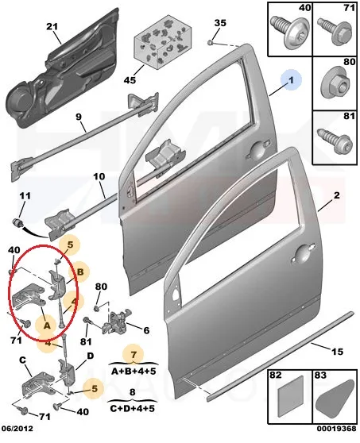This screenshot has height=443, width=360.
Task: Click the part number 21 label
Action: click(x=52, y=26)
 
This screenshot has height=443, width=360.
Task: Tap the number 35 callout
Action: click(x=220, y=22)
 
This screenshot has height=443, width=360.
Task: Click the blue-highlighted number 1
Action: click(x=291, y=80)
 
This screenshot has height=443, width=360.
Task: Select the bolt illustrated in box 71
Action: click(x=335, y=30)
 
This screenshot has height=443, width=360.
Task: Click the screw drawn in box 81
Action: click(x=335, y=141)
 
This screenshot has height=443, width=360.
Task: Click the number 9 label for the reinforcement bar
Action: click(x=79, y=117)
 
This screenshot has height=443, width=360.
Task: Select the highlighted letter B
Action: click(x=80, y=272)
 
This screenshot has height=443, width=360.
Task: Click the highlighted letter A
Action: click(x=47, y=326)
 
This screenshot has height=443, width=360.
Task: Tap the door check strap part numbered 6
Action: click(x=117, y=322)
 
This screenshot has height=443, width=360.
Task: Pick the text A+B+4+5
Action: click(x=134, y=371)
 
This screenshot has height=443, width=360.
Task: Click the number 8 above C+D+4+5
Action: click(x=133, y=392)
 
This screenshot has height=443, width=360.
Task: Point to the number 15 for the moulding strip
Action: click(x=337, y=351)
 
